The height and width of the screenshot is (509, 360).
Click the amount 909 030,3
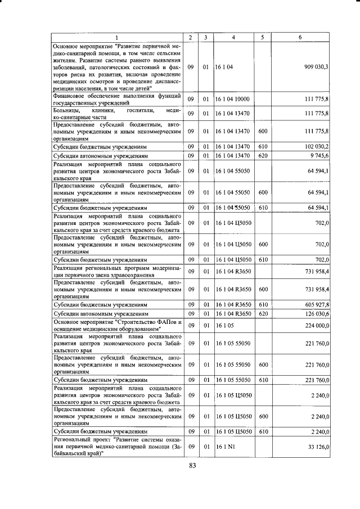pyautogui.click(x=316, y=67)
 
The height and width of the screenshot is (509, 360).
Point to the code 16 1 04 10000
pyautogui.click(x=232, y=100)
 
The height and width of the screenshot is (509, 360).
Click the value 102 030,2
pyautogui.click(x=317, y=146)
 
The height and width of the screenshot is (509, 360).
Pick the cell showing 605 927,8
pyautogui.click(x=317, y=304)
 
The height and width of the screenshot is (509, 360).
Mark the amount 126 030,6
pyautogui.click(x=317, y=313)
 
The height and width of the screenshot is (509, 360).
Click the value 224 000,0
pyautogui.click(x=317, y=326)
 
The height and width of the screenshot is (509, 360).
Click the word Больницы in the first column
pyautogui.click(x=67, y=110)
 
